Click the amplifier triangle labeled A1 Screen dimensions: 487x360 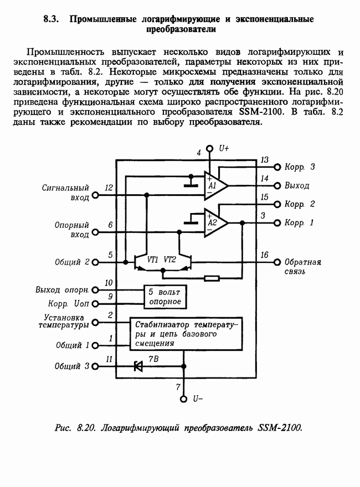215,185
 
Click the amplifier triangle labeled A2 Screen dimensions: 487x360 215,222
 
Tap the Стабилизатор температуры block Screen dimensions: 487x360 186,334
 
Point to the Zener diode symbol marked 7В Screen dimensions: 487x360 138,366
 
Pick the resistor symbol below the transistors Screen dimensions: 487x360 212,278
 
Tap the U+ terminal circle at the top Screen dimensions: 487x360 210,149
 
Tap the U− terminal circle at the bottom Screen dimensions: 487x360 184,398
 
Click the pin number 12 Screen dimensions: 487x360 109,188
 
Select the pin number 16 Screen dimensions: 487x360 264,255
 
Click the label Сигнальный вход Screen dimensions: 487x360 66,193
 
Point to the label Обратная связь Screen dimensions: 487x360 303,267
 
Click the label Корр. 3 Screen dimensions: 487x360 300,167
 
